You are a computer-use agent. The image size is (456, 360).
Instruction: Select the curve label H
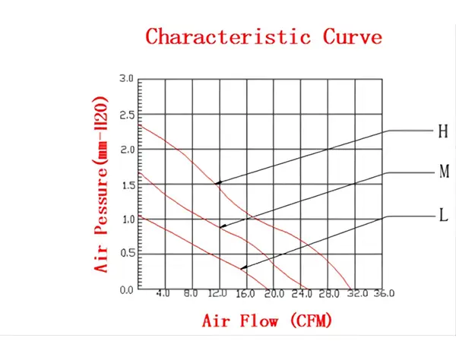(x=442, y=131)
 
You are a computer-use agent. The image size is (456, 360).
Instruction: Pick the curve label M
(x=444, y=172)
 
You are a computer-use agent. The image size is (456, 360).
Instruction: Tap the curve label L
(x=442, y=216)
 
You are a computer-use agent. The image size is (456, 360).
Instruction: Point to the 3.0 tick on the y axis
(x=126, y=79)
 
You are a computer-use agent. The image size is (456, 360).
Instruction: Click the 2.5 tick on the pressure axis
(x=126, y=115)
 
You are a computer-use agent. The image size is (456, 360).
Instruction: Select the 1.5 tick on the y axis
(x=126, y=185)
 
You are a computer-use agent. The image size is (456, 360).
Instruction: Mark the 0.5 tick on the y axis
(x=126, y=255)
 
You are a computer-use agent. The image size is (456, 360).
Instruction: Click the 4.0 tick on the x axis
(x=163, y=293)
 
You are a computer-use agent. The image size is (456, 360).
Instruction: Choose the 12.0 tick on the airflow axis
(x=218, y=293)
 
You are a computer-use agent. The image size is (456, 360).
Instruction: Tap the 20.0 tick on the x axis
(x=274, y=293)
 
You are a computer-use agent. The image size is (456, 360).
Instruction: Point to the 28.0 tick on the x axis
(x=328, y=293)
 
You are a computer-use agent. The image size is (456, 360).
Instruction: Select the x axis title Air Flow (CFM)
(x=267, y=321)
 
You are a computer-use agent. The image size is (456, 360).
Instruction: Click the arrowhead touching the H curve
(x=218, y=183)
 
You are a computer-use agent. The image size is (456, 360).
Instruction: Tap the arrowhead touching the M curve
(x=223, y=226)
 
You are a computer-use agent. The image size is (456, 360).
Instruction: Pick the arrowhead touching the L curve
(x=243, y=268)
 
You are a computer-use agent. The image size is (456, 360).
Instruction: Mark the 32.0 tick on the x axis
(x=356, y=293)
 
